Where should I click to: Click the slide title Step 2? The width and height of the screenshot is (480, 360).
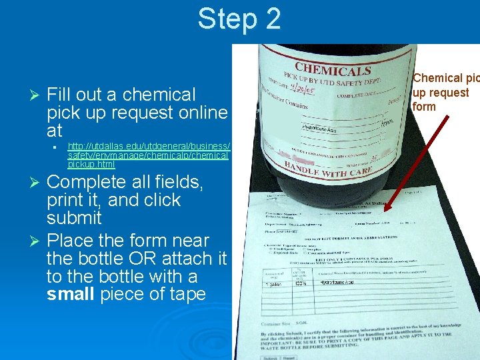239,19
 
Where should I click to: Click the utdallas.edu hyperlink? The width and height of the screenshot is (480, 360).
148,155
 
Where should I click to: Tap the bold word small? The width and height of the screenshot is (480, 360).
70,295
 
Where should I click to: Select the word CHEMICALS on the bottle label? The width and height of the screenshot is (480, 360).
333,69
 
